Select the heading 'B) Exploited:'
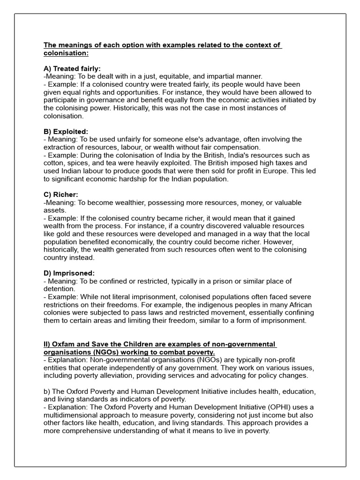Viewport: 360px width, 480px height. coord(66,132)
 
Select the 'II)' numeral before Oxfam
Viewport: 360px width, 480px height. coord(48,345)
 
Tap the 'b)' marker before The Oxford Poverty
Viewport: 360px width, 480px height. coord(47,391)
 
